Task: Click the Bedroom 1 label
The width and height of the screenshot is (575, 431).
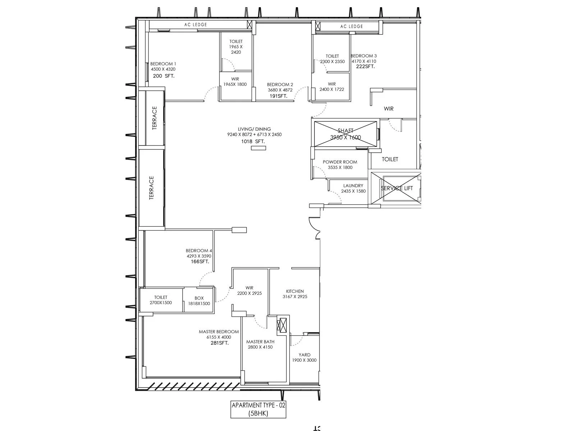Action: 163,64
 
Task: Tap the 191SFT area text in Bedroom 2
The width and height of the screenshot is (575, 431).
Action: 279,96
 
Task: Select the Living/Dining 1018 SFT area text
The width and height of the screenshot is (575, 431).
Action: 254,142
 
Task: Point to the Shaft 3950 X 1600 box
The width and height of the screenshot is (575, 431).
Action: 345,134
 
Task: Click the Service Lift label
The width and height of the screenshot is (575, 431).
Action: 397,188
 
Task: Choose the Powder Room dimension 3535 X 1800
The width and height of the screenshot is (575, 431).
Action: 340,167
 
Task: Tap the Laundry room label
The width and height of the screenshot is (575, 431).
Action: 353,186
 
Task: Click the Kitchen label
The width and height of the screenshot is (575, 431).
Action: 295,291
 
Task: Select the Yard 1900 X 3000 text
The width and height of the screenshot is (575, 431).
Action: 304,360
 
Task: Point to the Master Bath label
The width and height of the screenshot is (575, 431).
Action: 260,342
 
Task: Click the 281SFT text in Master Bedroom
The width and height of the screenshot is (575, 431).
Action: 219,343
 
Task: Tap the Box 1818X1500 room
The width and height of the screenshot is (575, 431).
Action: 199,301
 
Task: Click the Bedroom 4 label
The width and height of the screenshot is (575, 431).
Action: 199,251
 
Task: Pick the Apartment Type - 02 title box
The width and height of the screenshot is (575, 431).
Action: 258,409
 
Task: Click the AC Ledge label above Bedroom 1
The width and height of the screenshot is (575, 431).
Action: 195,25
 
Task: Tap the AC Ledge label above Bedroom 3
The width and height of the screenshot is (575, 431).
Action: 351,26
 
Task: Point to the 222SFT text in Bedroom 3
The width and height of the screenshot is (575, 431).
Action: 365,66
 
